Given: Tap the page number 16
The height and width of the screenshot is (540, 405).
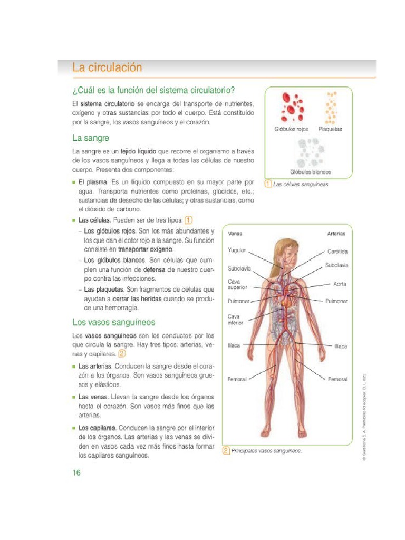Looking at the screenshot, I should (x=76, y=472).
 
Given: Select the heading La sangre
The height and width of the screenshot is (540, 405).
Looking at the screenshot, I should (x=91, y=138).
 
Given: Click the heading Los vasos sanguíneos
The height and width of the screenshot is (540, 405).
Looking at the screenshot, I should (x=113, y=322).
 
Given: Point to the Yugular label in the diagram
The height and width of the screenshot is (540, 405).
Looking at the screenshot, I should (x=237, y=250).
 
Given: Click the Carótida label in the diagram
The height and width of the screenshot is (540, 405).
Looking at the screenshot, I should (x=337, y=252).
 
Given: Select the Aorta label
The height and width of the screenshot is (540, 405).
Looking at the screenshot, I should (x=340, y=284).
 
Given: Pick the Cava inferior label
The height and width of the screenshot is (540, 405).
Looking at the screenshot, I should (x=235, y=320).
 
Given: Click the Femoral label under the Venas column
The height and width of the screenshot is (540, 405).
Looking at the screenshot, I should (x=237, y=379).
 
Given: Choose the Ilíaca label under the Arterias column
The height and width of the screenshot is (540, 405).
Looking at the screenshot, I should (x=341, y=346).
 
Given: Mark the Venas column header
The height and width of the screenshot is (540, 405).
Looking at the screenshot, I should (x=235, y=233).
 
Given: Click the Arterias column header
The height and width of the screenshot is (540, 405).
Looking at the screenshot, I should (x=336, y=233).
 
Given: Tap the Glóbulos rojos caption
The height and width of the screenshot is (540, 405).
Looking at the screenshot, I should (x=291, y=129).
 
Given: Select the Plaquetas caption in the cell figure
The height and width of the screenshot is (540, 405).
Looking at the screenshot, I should (x=330, y=129).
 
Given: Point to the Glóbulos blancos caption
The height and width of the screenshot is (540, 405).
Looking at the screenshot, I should (x=310, y=172).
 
